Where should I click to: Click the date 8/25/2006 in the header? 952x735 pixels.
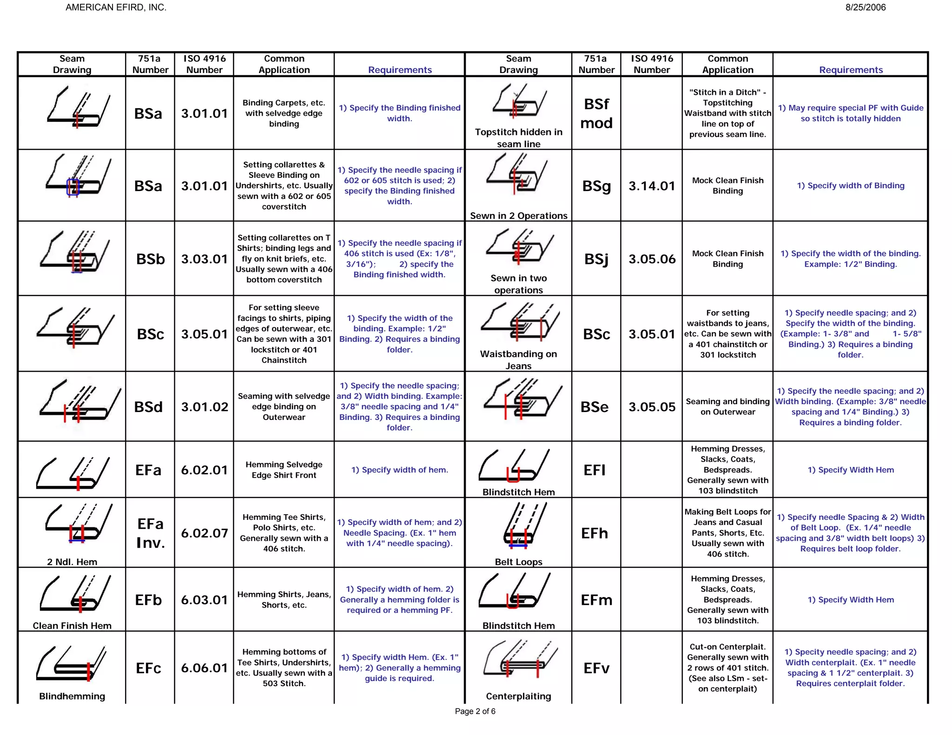[865, 7]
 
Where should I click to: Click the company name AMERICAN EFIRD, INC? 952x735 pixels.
[116, 7]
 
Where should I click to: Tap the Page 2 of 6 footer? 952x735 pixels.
[475, 711]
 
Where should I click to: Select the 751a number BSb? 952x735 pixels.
[150, 259]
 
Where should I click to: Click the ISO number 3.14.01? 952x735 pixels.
[652, 186]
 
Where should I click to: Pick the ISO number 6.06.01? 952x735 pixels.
[205, 668]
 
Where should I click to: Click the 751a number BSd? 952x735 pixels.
[148, 407]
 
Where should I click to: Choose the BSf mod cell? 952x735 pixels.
[596, 113]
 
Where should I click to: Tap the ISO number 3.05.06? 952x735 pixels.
[652, 259]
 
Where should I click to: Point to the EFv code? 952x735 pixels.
[596, 668]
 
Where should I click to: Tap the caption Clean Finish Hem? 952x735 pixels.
[72, 626]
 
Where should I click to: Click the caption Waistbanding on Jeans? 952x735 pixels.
[518, 360]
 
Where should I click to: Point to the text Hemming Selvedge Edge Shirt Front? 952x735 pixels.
[284, 470]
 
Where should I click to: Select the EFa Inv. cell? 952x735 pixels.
[150, 533]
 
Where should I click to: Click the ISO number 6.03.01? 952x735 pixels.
[205, 600]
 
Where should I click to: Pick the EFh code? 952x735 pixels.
[595, 533]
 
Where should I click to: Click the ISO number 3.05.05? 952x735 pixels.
[652, 407]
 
